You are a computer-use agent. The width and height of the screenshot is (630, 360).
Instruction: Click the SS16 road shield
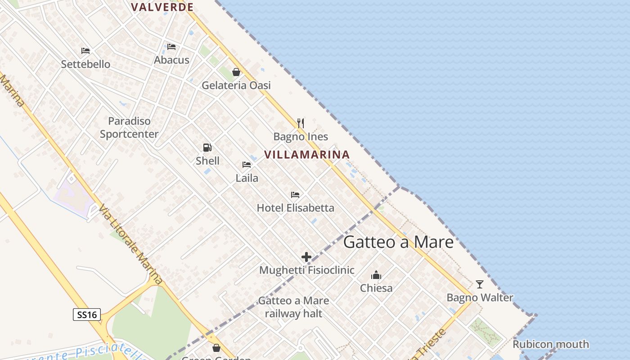87,315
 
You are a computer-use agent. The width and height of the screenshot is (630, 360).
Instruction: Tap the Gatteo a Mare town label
398,242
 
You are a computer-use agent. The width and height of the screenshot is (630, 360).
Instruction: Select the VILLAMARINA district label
307,155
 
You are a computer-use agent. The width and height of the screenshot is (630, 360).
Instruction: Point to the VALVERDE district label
162,7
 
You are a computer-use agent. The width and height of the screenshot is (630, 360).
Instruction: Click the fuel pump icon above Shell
207,148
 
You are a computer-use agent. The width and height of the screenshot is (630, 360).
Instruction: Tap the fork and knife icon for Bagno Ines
301,123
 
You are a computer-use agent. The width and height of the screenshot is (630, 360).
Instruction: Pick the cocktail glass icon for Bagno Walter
480,284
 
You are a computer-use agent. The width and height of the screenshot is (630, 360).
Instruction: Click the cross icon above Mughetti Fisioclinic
306,257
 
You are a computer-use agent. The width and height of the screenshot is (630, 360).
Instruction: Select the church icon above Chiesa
376,275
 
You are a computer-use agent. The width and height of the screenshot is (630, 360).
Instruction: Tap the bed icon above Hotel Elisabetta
295,195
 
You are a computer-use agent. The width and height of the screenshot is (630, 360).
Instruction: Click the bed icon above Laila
247,165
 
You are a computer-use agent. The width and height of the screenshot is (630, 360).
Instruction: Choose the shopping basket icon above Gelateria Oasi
236,72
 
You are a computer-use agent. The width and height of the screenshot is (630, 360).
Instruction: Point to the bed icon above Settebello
85,51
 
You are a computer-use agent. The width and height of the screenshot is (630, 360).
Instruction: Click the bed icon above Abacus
171,47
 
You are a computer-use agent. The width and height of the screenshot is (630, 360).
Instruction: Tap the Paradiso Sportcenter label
129,127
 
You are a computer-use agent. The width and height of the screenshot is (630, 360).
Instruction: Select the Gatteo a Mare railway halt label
293,307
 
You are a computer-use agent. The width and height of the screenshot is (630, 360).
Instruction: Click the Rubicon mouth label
551,344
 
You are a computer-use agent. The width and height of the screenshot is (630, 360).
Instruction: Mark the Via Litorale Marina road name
130,245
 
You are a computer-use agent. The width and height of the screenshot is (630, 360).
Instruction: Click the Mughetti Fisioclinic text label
307,270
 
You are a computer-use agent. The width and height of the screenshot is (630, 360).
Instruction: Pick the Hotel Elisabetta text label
295,208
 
